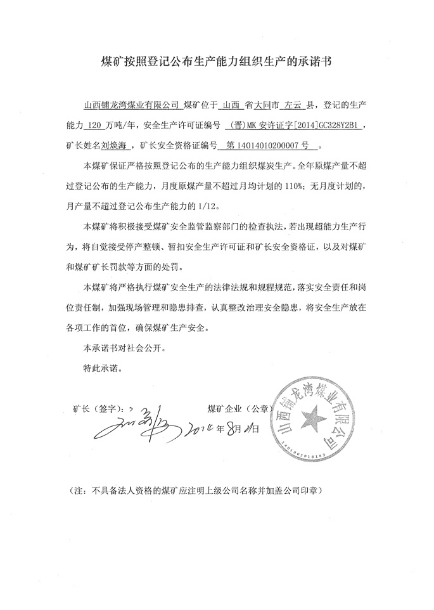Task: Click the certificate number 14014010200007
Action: point(267,146)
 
